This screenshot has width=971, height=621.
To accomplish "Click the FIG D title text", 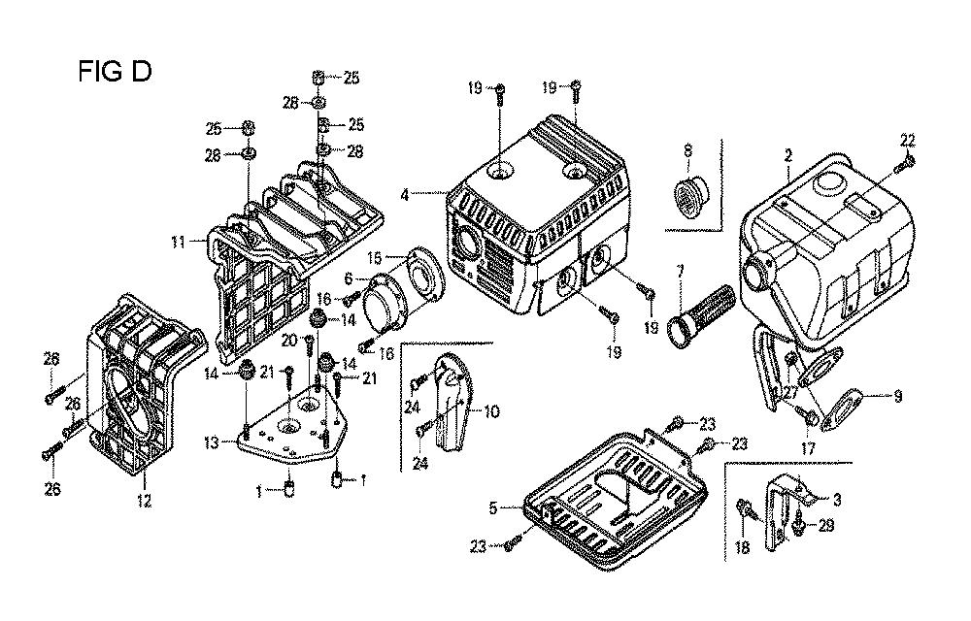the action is (115, 72).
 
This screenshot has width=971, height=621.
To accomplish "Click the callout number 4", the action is (405, 195).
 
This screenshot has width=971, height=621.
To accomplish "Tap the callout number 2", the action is (788, 155).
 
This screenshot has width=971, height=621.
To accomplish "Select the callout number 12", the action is (144, 501).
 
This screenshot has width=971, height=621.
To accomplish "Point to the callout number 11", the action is (179, 243).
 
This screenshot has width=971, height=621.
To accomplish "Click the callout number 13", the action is (212, 442).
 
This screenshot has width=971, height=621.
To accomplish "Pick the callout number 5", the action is (493, 508).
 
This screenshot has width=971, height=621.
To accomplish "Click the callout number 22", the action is (907, 141).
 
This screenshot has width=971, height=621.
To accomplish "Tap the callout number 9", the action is (898, 397).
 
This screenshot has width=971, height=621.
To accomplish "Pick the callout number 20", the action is (289, 340).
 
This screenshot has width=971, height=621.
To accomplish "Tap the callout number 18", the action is (742, 547).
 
